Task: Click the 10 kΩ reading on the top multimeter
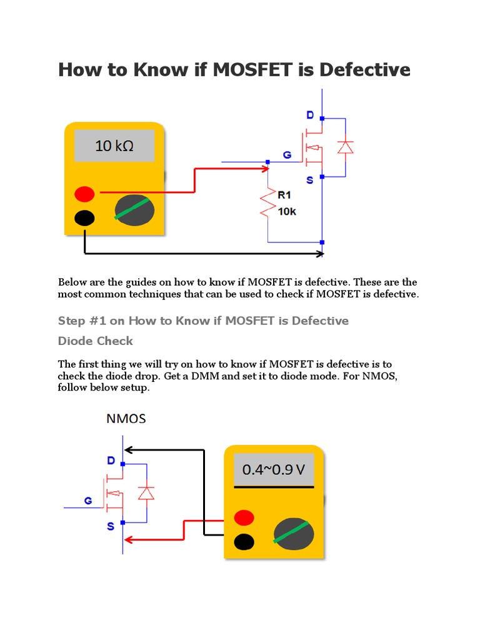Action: coord(114,146)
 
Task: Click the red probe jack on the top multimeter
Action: coord(84,193)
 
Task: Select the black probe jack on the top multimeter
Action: coord(84,218)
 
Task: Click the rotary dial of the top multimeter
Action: coord(134,210)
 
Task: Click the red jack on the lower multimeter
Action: coord(244,517)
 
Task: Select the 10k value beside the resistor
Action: coord(287,211)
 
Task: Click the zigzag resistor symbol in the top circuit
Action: coord(268,202)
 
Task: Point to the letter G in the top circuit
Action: coord(287,154)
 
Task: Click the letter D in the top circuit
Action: coord(310,115)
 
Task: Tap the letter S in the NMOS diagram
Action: coord(111,526)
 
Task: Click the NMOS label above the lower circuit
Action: coord(125,418)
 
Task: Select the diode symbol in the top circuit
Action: coord(345,147)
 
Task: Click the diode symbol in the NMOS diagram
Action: coord(146,493)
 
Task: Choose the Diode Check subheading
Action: coord(96,341)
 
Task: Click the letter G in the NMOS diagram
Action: coord(88,500)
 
